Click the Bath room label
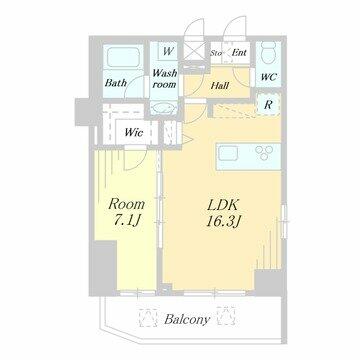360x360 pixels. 116,82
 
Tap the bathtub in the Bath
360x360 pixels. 124,57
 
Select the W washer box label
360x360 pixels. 168,51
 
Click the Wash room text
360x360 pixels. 164,78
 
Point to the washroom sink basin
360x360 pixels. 163,109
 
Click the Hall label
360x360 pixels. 220,86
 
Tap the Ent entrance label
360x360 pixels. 239,52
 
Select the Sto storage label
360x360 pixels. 216,53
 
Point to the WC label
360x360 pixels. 268,77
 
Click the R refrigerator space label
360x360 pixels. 268,105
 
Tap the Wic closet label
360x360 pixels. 134,132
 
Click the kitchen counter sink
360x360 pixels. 228,154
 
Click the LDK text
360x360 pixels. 222,205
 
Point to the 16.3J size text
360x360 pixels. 223,221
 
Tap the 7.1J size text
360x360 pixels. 125,221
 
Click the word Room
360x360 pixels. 127,204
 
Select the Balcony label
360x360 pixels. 187,320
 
